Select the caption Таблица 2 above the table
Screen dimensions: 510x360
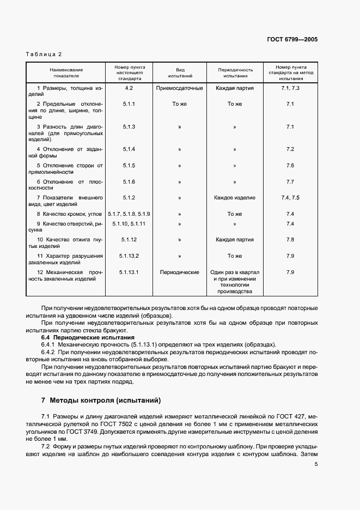coord(44,54)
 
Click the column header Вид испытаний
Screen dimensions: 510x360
coord(180,73)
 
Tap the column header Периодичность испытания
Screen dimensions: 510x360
coord(235,73)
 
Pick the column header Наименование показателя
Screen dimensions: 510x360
coord(66,73)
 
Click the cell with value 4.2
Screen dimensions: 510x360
coord(129,88)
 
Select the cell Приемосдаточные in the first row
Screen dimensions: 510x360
coord(180,88)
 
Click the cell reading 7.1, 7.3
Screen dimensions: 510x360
coord(290,88)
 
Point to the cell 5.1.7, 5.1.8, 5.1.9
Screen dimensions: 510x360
coord(129,214)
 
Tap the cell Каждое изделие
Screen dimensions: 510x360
coord(235,198)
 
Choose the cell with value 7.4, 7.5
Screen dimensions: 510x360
coord(290,198)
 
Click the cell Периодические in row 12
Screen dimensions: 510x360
coord(180,272)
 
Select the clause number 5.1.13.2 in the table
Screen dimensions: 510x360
coord(129,256)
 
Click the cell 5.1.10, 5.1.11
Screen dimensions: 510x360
coord(129,223)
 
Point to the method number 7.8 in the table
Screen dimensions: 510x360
coord(290,240)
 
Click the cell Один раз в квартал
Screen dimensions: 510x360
coord(235,272)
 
